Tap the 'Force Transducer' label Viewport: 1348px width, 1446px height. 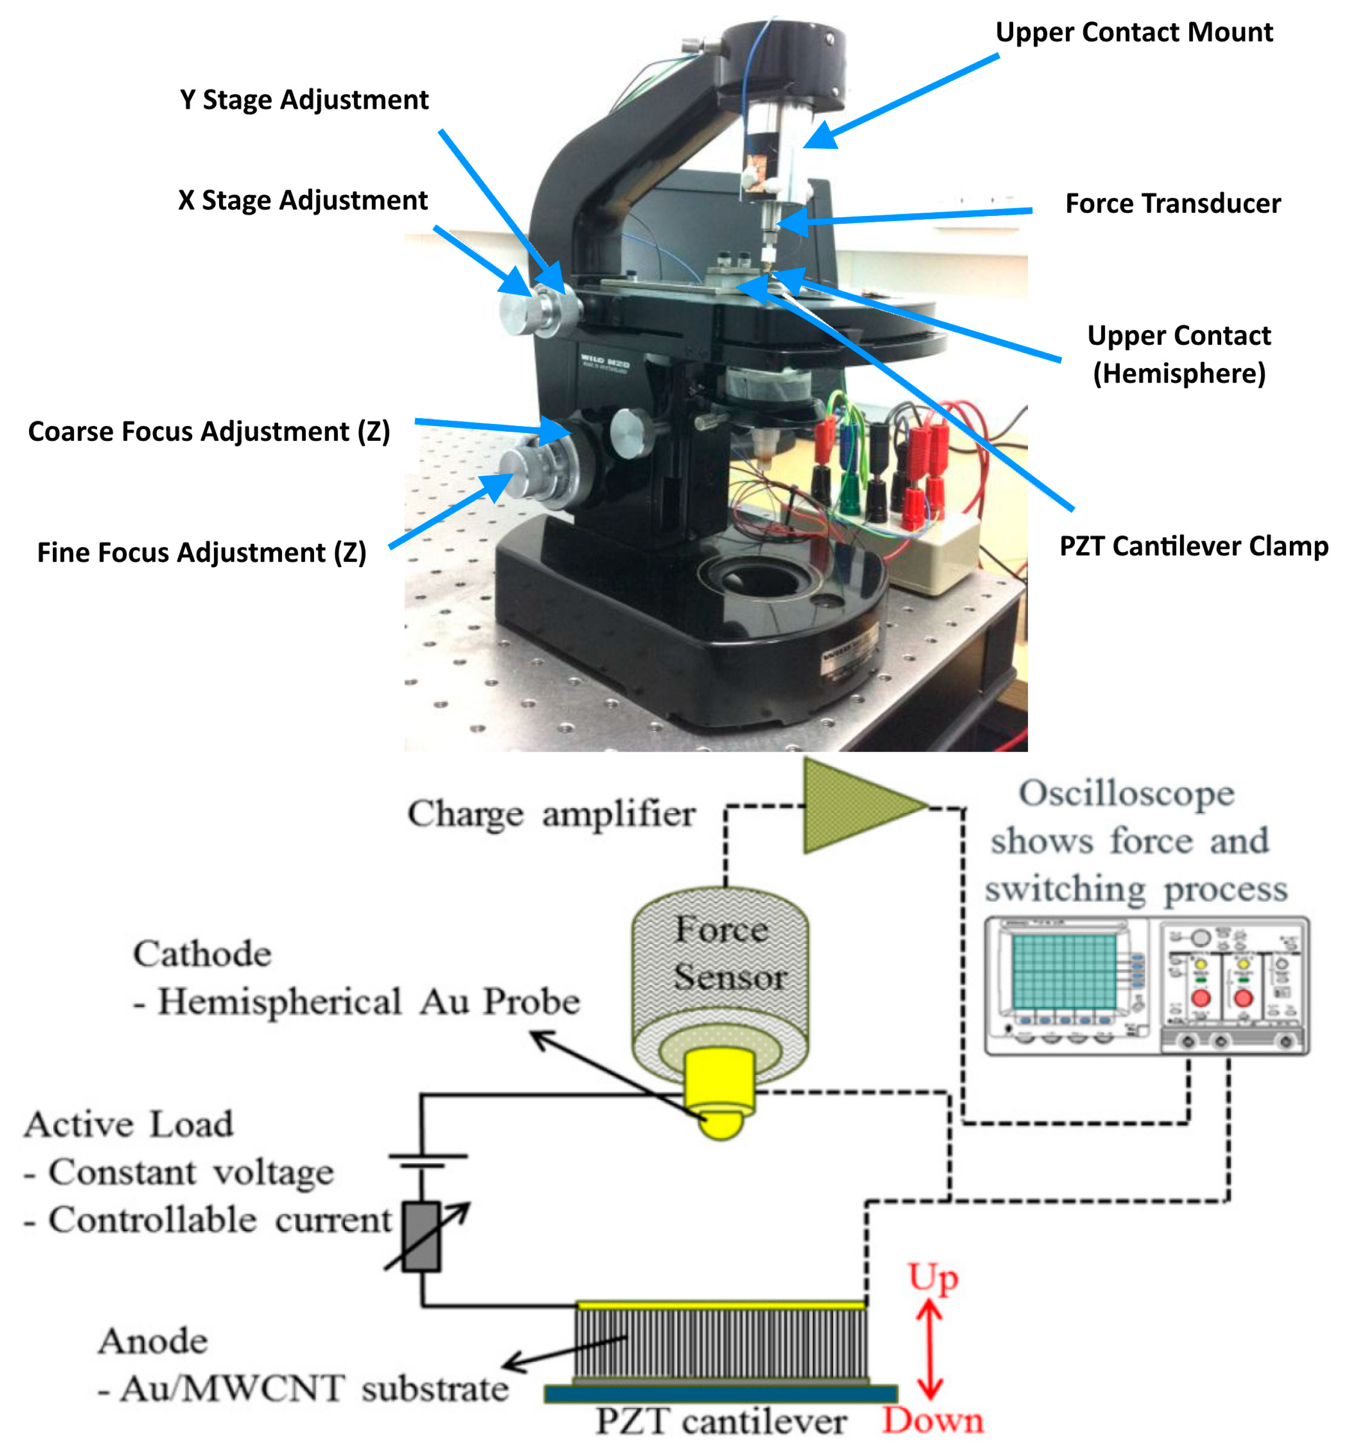1172,204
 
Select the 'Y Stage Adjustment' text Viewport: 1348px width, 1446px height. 304,100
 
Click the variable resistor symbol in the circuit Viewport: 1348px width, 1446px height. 422,1236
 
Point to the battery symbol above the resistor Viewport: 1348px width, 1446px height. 427,1161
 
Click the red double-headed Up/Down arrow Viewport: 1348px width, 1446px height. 929,1350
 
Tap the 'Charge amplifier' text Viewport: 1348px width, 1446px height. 551,814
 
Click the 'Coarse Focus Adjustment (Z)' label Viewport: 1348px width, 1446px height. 209,432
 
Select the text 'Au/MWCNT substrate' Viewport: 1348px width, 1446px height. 313,1390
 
